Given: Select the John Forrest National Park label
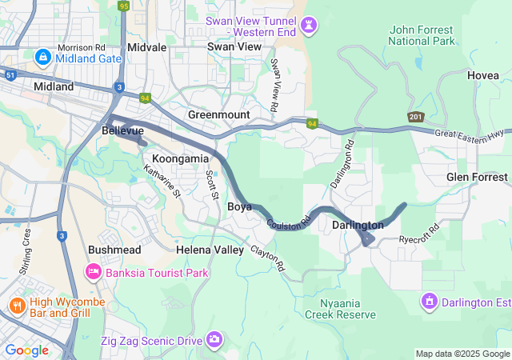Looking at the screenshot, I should [x=422, y=35].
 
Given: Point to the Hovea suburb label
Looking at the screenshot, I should [x=482, y=75].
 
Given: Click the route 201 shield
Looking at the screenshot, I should [x=414, y=118].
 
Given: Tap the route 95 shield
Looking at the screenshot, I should [x=122, y=6].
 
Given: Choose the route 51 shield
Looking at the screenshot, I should [x=10, y=75].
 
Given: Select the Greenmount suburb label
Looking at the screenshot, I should [x=218, y=114].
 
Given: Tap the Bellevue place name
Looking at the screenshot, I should [x=122, y=130].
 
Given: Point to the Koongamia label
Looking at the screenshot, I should [x=180, y=158].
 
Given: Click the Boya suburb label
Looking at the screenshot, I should [x=240, y=206].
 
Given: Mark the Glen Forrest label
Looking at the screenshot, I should [x=477, y=177].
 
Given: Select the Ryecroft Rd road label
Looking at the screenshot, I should [x=420, y=234].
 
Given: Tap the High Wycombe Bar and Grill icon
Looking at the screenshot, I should [x=17, y=306].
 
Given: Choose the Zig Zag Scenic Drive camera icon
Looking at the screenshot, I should [x=214, y=341].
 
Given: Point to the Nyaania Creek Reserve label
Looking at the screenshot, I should [x=335, y=309].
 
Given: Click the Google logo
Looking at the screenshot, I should [x=26, y=350].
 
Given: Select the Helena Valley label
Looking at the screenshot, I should [x=210, y=250].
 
